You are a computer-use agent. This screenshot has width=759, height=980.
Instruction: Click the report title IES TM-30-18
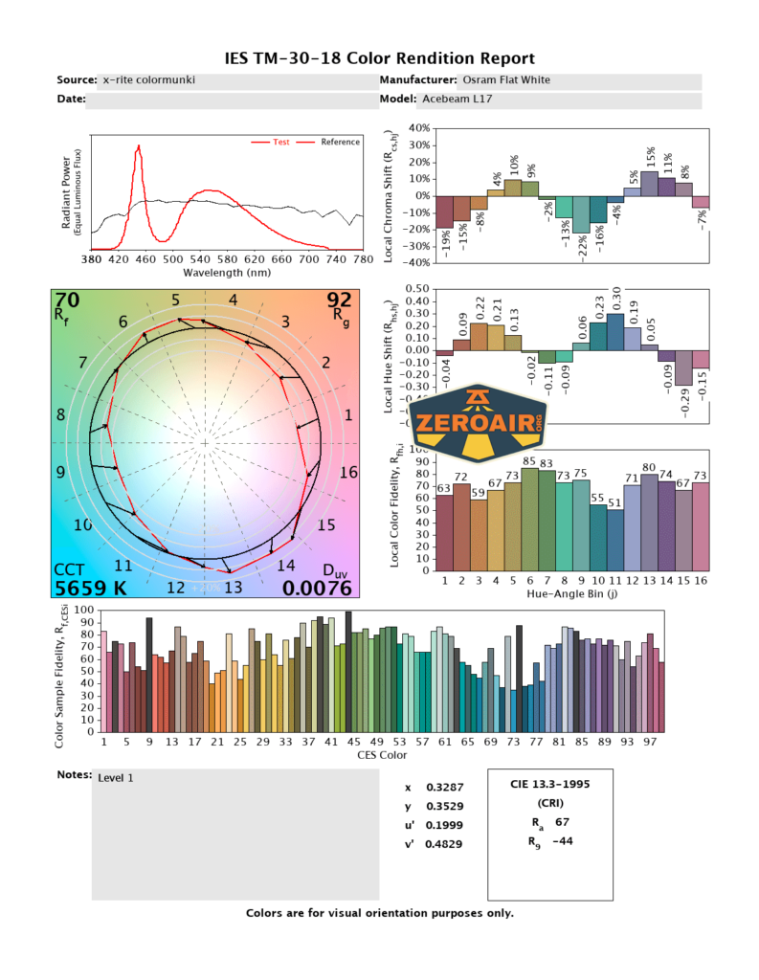click(379, 58)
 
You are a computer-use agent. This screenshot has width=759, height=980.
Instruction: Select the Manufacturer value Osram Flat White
click(506, 81)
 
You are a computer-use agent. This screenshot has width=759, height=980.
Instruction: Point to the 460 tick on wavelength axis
click(146, 259)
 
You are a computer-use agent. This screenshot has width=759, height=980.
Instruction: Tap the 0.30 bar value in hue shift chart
click(616, 296)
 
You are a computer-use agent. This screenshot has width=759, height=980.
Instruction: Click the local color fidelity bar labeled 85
click(529, 516)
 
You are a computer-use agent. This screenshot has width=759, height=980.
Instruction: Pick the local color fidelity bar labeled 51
click(615, 538)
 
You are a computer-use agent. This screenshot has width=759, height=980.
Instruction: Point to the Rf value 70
click(68, 301)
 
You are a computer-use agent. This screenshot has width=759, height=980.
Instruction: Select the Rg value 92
click(340, 301)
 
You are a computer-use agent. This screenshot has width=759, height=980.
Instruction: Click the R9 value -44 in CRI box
click(563, 841)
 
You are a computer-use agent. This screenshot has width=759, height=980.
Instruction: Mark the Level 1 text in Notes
click(116, 778)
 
